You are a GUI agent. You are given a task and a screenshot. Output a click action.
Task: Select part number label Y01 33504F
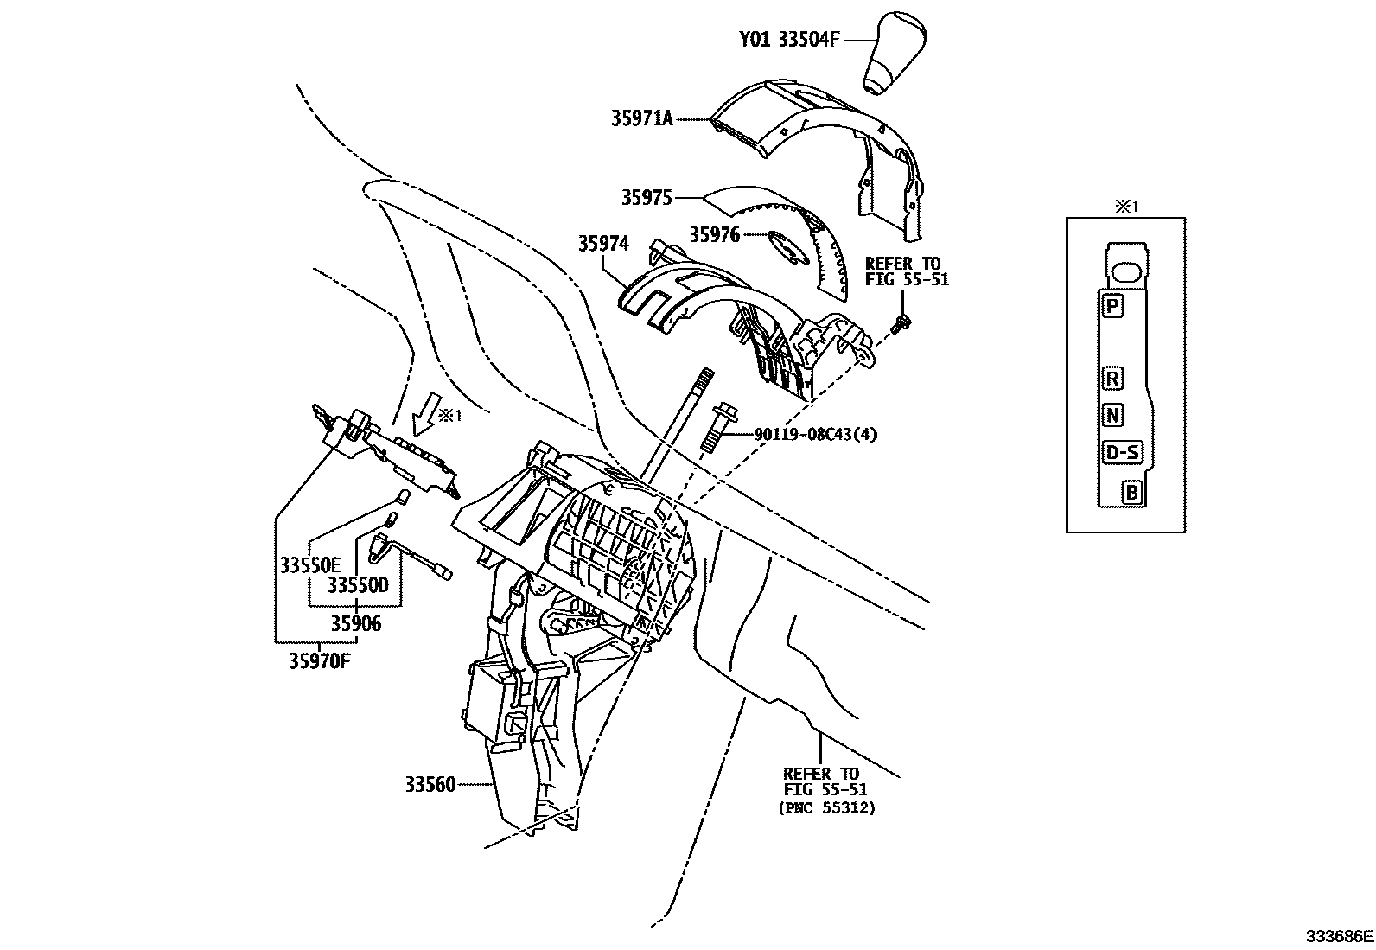pos(788,40)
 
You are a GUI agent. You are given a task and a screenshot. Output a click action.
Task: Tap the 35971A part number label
pos(641,119)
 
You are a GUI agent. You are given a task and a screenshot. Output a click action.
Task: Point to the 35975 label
pos(646,198)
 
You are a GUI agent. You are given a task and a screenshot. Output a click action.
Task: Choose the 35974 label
pos(603,245)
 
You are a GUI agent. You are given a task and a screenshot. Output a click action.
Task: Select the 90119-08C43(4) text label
pos(815,435)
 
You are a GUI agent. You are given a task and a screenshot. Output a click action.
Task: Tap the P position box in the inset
pos(1113,305)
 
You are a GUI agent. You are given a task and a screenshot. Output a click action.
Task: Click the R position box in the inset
pos(1113,378)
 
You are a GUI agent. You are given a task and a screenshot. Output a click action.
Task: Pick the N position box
pos(1113,416)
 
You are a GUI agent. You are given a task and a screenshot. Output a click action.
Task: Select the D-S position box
pos(1122,452)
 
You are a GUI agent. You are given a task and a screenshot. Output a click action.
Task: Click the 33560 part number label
pos(430,786)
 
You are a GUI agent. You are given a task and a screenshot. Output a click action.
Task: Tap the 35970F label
pos(321,661)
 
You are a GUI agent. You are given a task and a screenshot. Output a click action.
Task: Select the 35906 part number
pos(355,623)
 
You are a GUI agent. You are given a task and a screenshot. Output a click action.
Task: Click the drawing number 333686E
pos(1339,936)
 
